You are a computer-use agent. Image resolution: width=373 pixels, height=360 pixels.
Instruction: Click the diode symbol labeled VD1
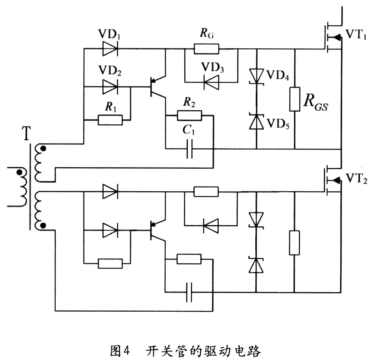[x=110, y=49]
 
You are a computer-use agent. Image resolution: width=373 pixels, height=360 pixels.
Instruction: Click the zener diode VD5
[x=256, y=122]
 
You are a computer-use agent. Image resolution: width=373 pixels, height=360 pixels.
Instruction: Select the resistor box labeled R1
[x=110, y=120]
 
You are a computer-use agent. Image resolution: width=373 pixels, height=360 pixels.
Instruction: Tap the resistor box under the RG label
[x=206, y=49]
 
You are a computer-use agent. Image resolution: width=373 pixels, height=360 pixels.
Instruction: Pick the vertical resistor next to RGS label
[x=295, y=99]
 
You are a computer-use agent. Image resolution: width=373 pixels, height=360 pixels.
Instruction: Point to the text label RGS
[x=316, y=103]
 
